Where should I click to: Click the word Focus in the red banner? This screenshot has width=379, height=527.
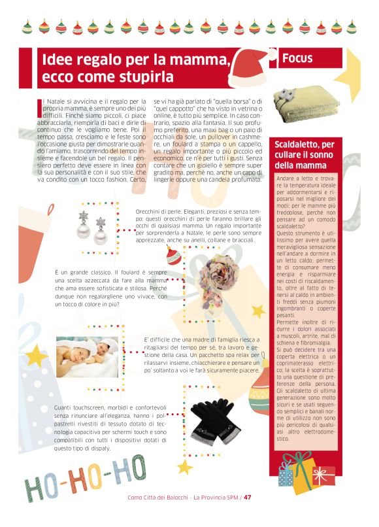(x=297, y=59)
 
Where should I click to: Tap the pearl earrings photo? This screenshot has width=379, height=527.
(x=92, y=226)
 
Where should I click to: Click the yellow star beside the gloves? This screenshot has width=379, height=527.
(x=185, y=467)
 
